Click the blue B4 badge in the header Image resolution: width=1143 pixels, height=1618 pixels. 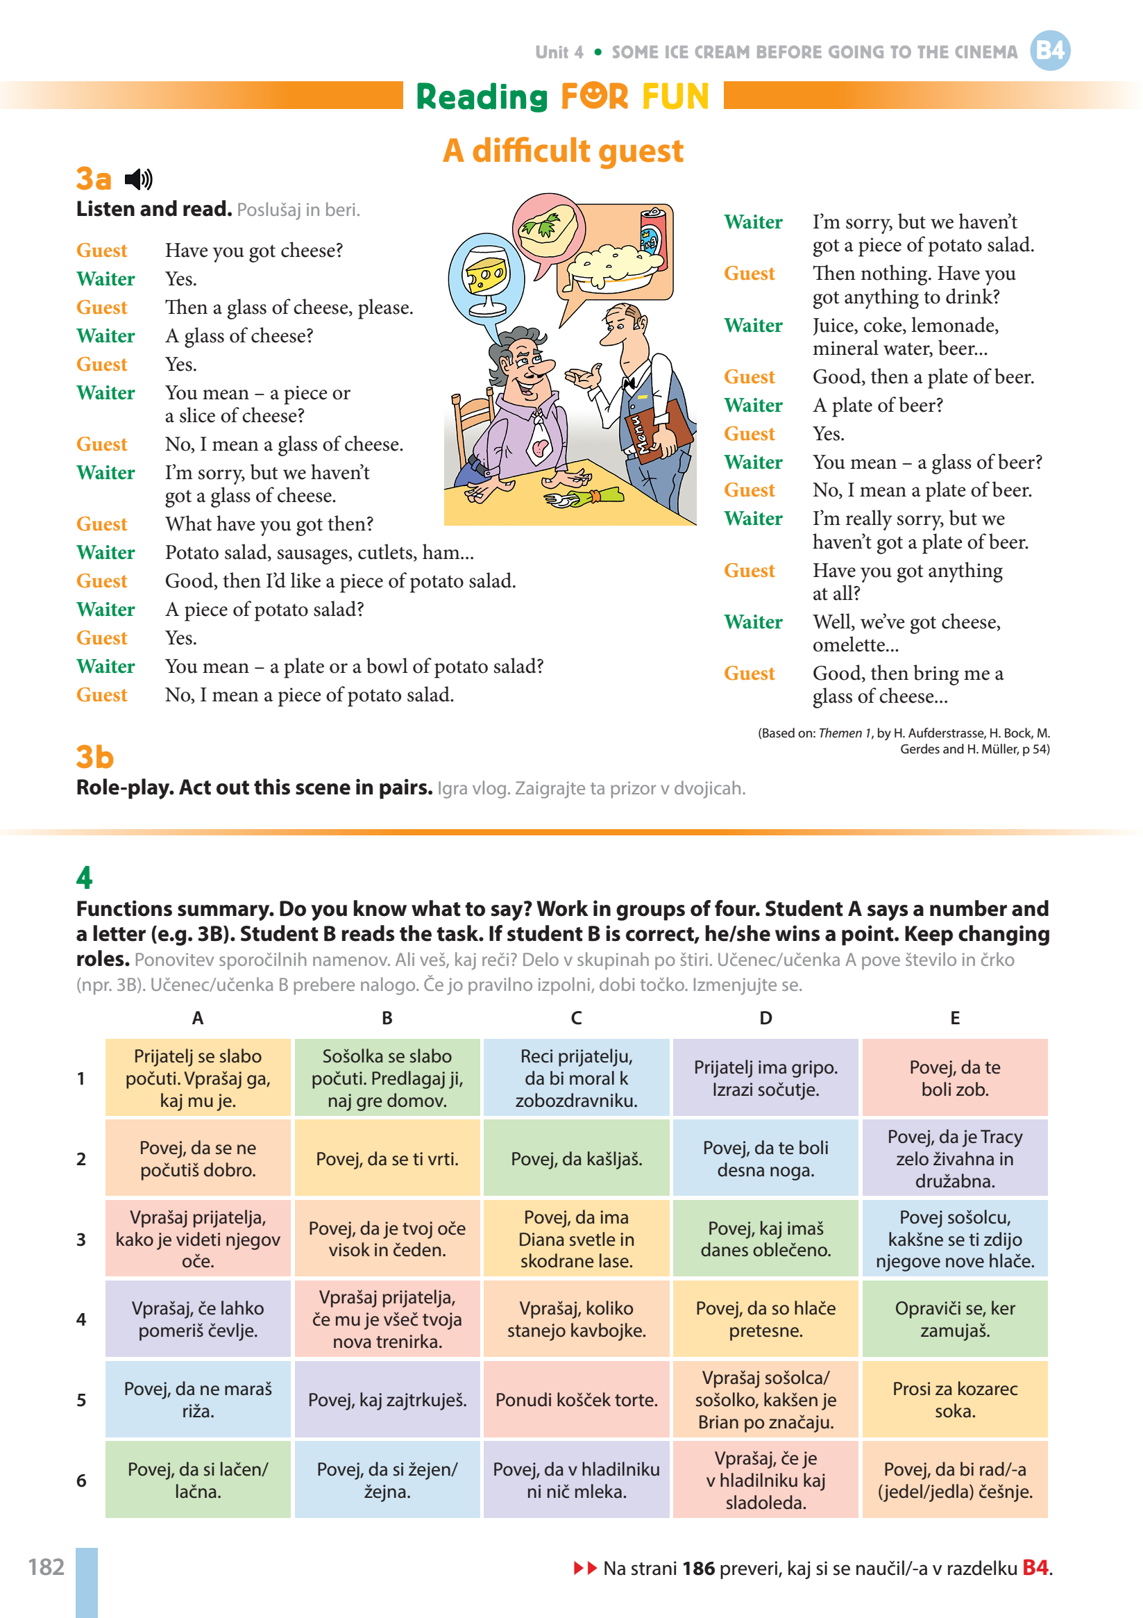(1049, 51)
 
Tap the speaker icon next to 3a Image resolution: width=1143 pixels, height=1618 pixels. (139, 180)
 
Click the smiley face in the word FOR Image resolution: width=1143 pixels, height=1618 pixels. (594, 96)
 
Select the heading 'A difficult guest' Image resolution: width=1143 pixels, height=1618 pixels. (563, 151)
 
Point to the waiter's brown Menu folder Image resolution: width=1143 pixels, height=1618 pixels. (658, 429)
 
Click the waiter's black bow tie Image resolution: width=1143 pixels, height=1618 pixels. (629, 381)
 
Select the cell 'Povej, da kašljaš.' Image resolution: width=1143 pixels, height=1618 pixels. (576, 1158)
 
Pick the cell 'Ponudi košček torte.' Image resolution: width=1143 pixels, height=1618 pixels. (576, 1399)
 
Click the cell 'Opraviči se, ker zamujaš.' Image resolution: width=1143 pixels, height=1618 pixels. (954, 1319)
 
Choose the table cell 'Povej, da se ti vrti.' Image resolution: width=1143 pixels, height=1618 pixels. (387, 1158)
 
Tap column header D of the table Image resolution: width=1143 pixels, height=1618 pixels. (765, 1017)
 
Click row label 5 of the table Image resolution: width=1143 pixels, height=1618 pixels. (81, 1399)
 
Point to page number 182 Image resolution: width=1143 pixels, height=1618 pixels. (46, 1567)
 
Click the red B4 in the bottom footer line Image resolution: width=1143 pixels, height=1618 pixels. (1035, 1568)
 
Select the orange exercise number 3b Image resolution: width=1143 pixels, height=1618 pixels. (94, 757)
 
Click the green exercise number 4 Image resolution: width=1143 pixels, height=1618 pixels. (85, 877)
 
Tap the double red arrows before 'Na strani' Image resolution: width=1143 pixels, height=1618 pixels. (584, 1568)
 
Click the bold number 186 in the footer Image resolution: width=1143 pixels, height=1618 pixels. (698, 1568)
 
